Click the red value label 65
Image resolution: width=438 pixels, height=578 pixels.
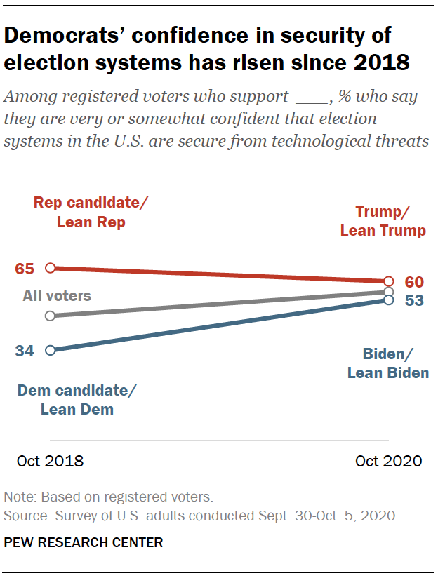[x=25, y=268]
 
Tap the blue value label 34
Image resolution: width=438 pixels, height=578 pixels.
[x=25, y=350]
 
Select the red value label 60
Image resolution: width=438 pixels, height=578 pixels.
[x=415, y=283]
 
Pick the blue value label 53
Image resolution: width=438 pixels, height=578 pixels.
[x=415, y=301]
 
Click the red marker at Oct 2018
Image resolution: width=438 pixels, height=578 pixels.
[x=50, y=267]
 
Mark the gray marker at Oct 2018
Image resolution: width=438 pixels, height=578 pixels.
[x=50, y=316]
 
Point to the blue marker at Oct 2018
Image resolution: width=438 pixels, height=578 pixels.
[x=50, y=350]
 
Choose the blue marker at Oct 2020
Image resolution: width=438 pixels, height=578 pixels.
[x=389, y=300]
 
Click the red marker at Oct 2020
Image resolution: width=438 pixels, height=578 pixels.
[x=389, y=281]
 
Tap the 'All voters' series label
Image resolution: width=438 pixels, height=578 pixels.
[x=57, y=295]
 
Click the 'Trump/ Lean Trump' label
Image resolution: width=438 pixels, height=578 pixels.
[x=383, y=221]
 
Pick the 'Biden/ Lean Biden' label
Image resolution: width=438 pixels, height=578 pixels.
[x=387, y=363]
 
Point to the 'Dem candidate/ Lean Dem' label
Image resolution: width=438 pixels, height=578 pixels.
[x=77, y=401]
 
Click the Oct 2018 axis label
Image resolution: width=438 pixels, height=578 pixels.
[x=50, y=461]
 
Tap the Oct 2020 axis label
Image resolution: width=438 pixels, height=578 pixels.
[x=388, y=461]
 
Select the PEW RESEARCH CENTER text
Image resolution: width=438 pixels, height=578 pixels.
[x=83, y=542]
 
